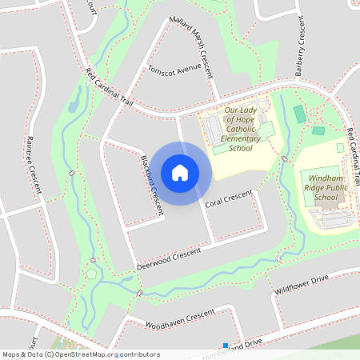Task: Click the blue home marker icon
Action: [x=180, y=173]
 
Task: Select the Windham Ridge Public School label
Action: [x=326, y=186]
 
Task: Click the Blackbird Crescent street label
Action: [x=151, y=184]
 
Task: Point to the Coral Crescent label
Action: [x=228, y=199]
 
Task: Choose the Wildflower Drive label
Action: [x=302, y=286]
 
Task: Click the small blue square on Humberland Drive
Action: [x=226, y=346]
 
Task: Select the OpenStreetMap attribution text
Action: [x=81, y=354]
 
